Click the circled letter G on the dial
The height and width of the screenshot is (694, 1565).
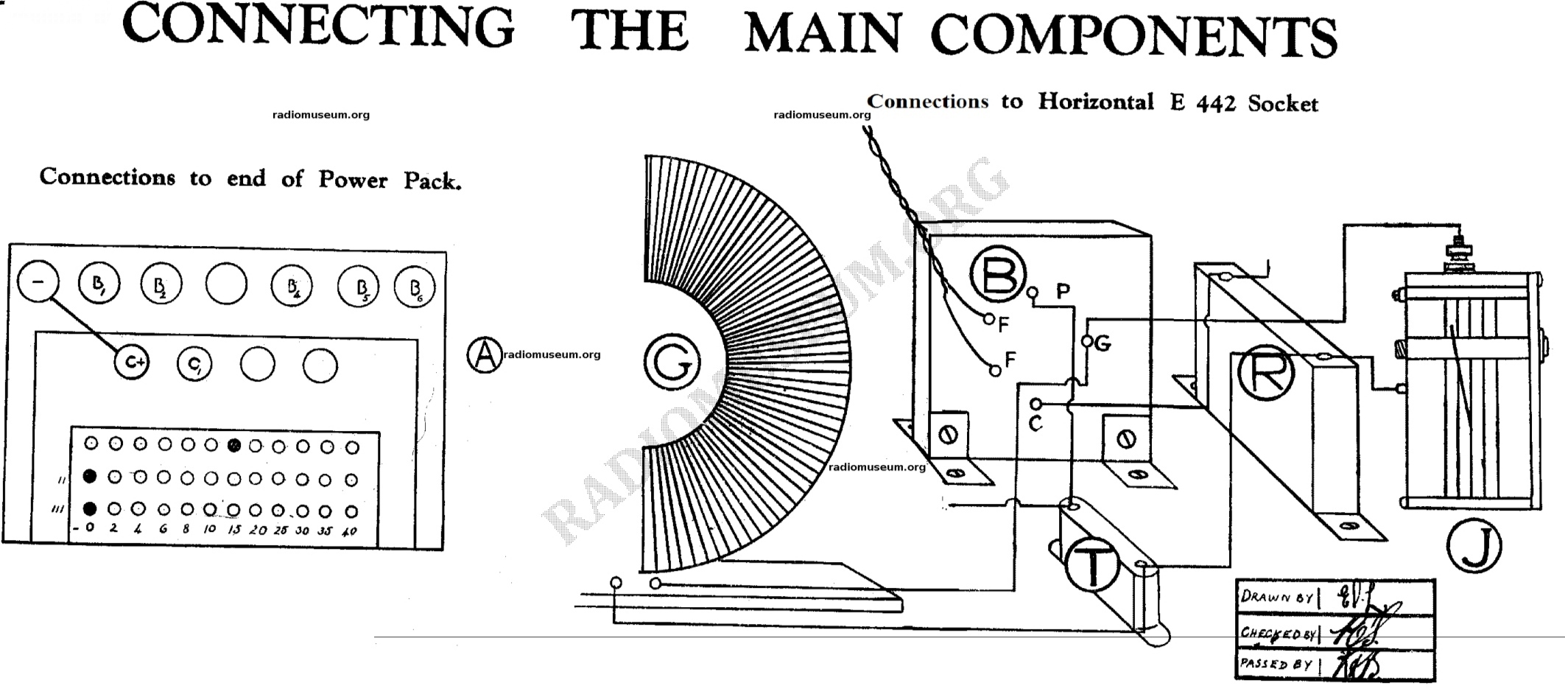(x=671, y=361)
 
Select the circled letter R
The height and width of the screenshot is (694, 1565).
(x=1265, y=372)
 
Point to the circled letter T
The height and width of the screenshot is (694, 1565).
(x=1093, y=563)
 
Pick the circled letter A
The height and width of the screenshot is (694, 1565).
(x=484, y=355)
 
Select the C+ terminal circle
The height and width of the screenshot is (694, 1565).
(x=132, y=362)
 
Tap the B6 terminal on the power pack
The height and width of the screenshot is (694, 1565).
(x=415, y=287)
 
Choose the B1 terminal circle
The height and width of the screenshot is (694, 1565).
(x=98, y=284)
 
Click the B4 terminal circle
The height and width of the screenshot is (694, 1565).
(x=292, y=286)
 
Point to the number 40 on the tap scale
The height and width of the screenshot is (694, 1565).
(x=350, y=530)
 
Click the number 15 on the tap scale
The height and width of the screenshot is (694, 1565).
(x=233, y=529)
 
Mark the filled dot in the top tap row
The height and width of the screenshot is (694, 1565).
(x=234, y=445)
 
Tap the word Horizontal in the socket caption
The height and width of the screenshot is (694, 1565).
(x=1095, y=102)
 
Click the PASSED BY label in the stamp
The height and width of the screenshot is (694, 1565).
(x=1276, y=665)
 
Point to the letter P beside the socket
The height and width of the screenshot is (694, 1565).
(x=1063, y=292)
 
